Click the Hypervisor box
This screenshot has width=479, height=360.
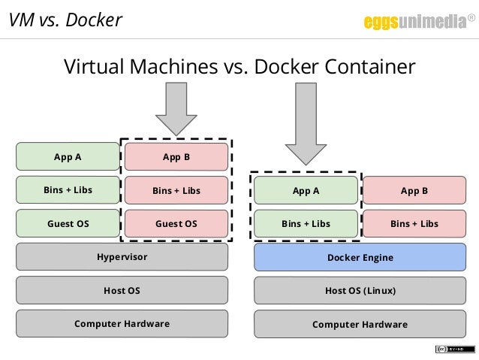pos(122,257)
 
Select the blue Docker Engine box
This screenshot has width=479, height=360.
pos(360,258)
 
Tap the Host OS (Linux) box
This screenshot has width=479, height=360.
pos(360,290)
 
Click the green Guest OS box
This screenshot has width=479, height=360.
pos(68,223)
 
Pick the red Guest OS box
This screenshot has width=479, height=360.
pos(176,223)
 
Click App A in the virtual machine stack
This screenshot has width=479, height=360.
pos(68,157)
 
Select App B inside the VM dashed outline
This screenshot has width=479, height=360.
pos(176,157)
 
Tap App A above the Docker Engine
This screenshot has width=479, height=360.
pos(306,191)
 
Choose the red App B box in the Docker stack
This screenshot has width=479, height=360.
pos(414,191)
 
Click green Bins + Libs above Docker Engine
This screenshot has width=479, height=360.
pos(306,223)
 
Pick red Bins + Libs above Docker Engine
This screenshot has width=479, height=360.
pos(414,223)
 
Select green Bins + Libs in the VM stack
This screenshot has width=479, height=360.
pos(68,190)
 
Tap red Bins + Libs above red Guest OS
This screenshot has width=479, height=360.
pos(176,191)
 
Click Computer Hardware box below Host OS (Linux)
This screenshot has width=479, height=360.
pos(360,324)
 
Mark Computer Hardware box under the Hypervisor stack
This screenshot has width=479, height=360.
pos(122,323)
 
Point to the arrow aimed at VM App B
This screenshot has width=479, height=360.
pos(176,109)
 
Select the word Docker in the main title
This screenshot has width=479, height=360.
pos(288,67)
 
